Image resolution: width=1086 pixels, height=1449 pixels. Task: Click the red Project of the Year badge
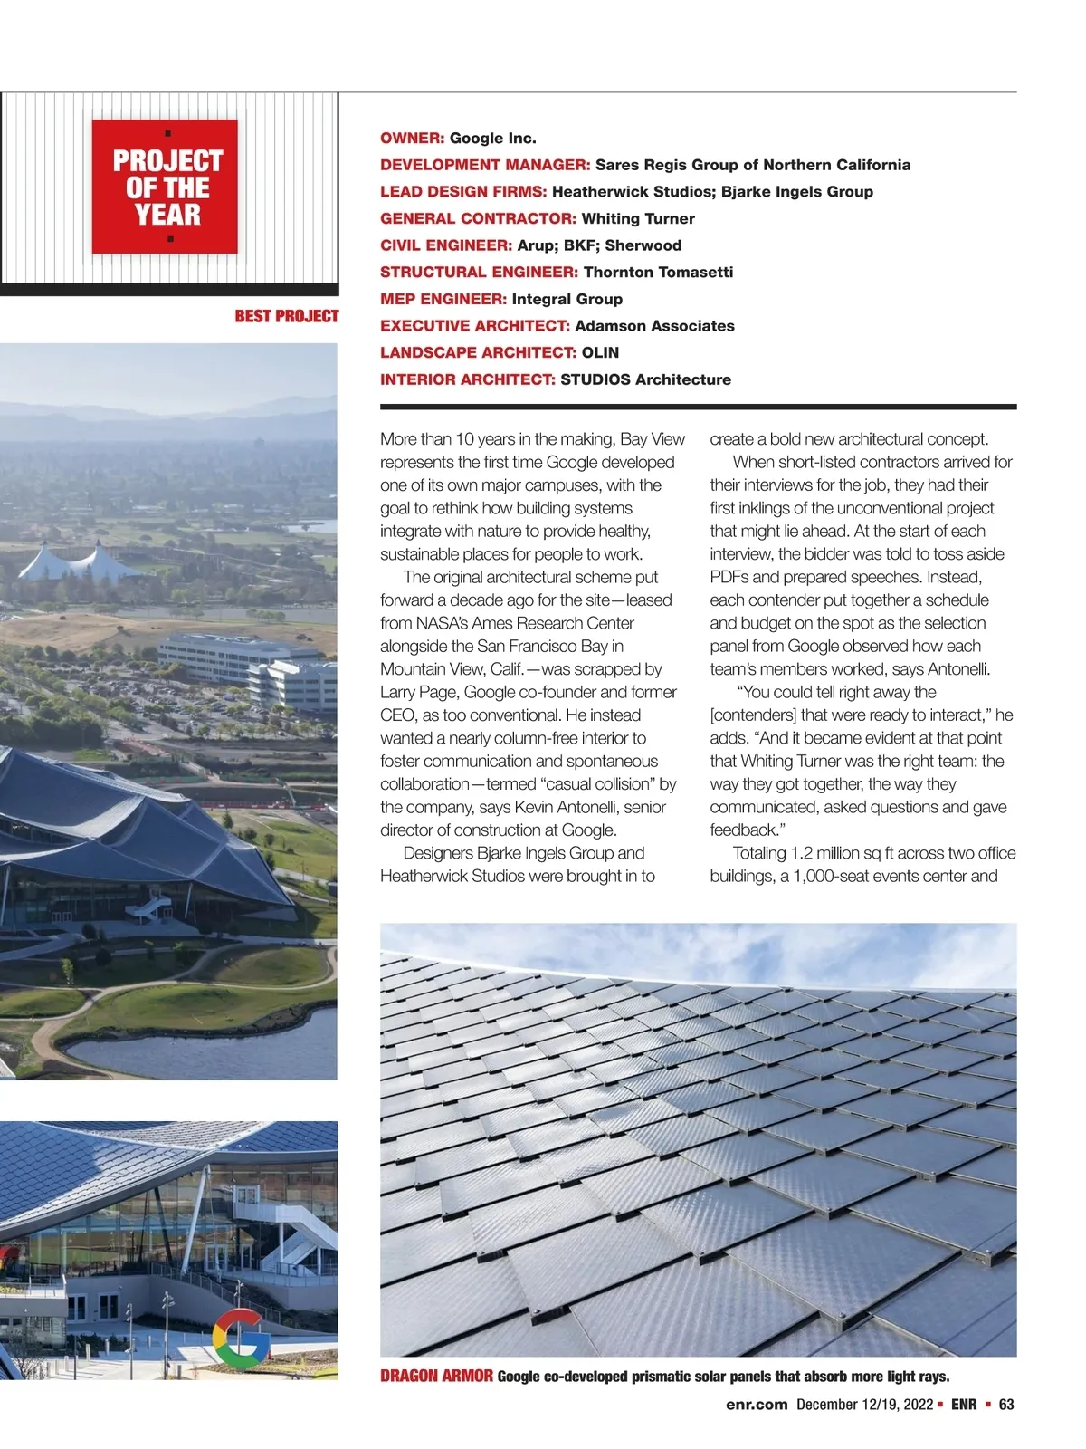[165, 187]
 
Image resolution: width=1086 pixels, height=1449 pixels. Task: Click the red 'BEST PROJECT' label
[286, 316]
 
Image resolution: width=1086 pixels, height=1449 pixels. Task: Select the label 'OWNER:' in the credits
[412, 139]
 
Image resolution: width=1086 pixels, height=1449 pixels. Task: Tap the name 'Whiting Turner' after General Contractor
[638, 218]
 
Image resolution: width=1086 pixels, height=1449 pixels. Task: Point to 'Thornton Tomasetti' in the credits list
[658, 272]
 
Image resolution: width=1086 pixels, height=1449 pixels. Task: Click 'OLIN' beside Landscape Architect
[600, 352]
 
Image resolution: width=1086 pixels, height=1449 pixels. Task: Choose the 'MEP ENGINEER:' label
[443, 299]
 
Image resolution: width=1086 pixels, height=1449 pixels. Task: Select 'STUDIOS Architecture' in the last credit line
[645, 379]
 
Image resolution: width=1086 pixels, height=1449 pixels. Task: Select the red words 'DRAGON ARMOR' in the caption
[436, 1377]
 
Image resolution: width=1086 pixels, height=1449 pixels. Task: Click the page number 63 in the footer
[1006, 1405]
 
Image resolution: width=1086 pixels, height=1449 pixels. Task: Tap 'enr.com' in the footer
[757, 1405]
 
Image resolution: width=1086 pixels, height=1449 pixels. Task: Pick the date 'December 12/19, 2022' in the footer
[864, 1405]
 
